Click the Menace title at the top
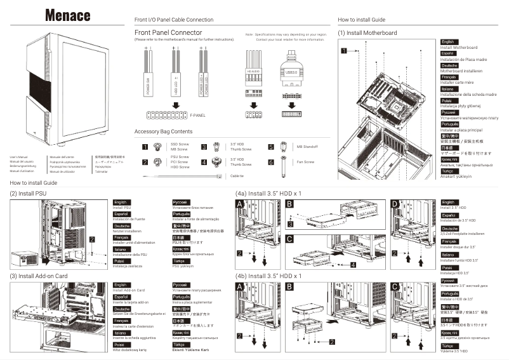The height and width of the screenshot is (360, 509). tap(67, 15)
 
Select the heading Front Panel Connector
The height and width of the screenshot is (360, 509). tap(169, 32)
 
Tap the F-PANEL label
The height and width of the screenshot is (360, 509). tap(197, 116)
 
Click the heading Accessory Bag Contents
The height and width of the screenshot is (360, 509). tap(163, 131)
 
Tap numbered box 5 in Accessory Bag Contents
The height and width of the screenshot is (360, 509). tap(270, 147)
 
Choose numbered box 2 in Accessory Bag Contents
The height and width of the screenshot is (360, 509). tap(145, 162)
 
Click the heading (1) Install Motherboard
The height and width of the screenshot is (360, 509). tap(367, 33)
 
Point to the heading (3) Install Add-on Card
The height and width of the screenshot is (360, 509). tap(38, 276)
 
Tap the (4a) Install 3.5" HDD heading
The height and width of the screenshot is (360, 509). tap(268, 192)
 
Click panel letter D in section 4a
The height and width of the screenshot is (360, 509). tap(396, 203)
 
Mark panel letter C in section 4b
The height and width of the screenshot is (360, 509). tap(396, 287)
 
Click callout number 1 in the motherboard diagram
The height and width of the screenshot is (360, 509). tap(343, 49)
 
